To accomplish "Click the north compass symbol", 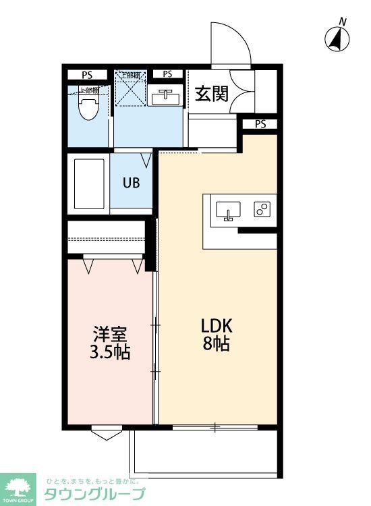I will pyautogui.click(x=337, y=38).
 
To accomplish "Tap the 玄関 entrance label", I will pyautogui.click(x=211, y=94).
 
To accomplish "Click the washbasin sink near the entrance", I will pyautogui.click(x=164, y=97).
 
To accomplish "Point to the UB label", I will pyautogui.click(x=131, y=182).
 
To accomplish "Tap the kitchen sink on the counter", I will pyautogui.click(x=228, y=210).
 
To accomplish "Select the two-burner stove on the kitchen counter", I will pyautogui.click(x=262, y=209).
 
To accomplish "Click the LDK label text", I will pyautogui.click(x=217, y=325).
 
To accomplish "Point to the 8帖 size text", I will pyautogui.click(x=217, y=344).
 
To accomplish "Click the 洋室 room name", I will pyautogui.click(x=111, y=334).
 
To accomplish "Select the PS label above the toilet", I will pyautogui.click(x=87, y=74).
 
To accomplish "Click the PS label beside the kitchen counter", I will pyautogui.click(x=260, y=123).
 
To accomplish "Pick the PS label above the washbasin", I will pyautogui.click(x=167, y=74).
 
